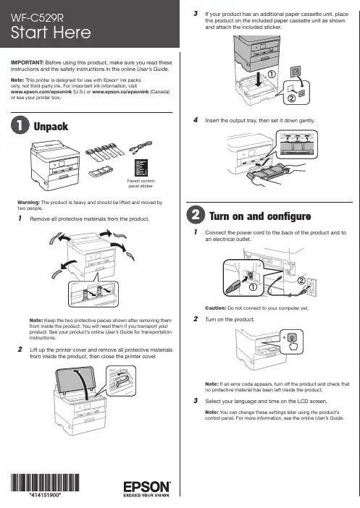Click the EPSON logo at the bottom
coord(147,487)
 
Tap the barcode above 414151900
coord(45,483)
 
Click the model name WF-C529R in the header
coord(37,18)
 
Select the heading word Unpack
coord(51,127)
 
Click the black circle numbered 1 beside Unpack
coord(20,125)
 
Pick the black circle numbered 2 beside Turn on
coord(196,215)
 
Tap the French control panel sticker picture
coord(141,168)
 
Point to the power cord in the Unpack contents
coord(141,148)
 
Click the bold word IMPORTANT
coord(28,62)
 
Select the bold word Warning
coord(28,202)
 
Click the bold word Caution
coord(216,308)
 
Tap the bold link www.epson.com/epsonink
coord(41,92)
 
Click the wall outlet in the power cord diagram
coord(311,287)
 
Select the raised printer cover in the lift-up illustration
coord(76,381)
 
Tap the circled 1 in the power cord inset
coord(253,287)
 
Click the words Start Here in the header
coord(51,33)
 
